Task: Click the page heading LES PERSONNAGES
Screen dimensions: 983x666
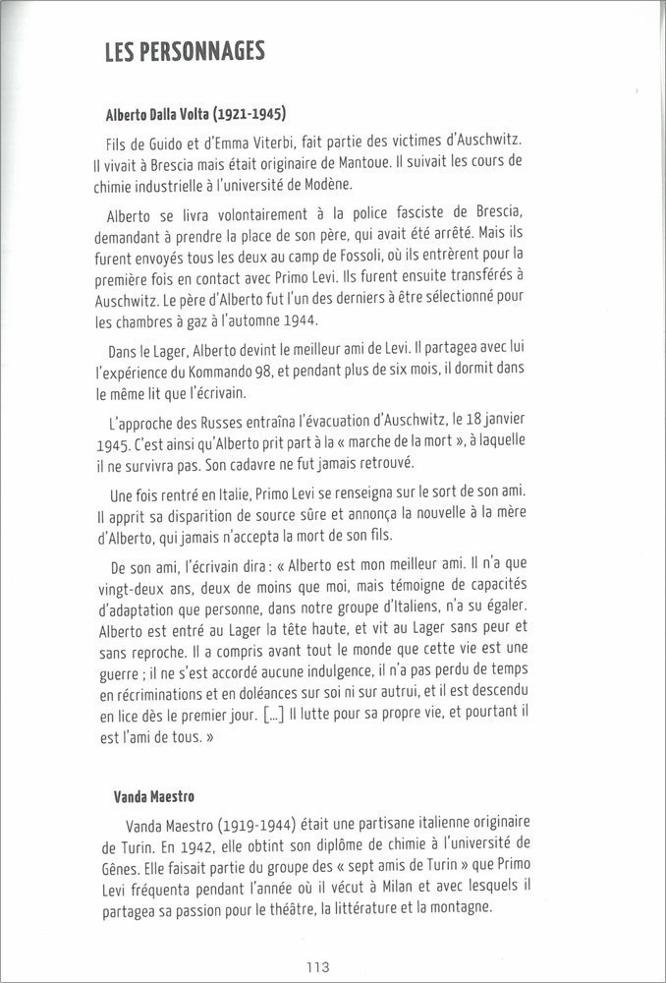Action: click(x=185, y=51)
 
